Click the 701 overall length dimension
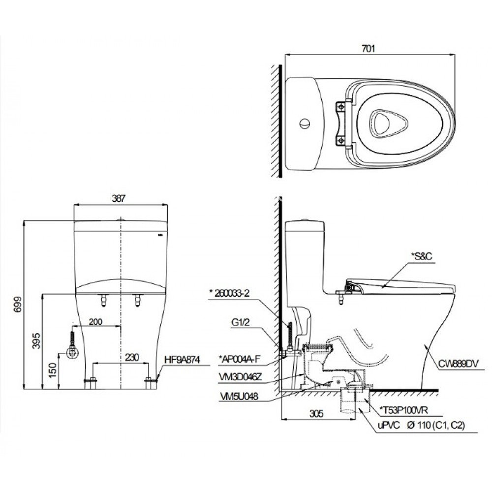click(369, 48)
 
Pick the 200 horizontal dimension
click(95, 322)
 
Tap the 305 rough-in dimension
click(317, 414)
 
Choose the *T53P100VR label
click(405, 409)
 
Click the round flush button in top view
click(305, 123)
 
